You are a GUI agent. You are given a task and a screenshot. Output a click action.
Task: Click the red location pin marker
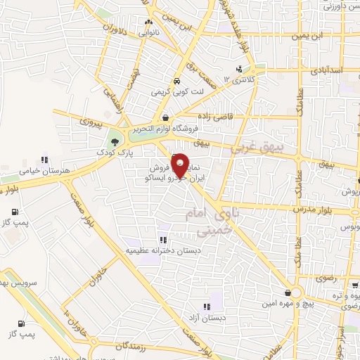point(180,163)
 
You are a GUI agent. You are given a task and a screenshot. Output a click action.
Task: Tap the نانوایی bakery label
point(149,32)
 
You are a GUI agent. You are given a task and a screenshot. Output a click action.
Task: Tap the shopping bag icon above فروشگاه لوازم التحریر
point(165,117)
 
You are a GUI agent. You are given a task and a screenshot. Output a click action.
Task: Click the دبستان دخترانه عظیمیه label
point(163,250)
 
